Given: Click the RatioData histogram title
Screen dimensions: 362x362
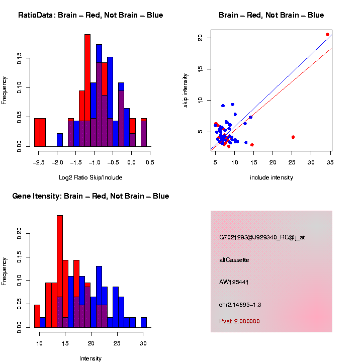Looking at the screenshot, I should (x=90, y=15).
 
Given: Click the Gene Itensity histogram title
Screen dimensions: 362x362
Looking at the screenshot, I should (x=90, y=196).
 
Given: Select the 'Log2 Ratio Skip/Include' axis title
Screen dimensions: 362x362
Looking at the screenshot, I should (x=90, y=177).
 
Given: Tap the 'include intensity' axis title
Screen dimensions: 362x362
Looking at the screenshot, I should (x=271, y=177).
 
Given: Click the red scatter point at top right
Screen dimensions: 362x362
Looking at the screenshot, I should (x=327, y=35).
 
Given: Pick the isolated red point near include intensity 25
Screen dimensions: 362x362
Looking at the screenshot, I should (x=293, y=137).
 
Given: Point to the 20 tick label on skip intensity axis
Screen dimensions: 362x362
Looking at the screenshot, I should (x=200, y=38).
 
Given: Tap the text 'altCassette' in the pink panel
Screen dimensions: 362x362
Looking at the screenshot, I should (x=234, y=260).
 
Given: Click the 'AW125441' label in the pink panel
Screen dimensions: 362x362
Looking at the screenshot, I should (x=234, y=282).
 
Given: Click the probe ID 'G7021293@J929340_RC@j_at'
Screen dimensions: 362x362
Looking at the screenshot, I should (x=261, y=237).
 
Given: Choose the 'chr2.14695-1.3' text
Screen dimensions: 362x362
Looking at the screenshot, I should (x=240, y=305).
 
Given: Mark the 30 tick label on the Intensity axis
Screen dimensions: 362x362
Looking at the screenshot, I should (x=143, y=343).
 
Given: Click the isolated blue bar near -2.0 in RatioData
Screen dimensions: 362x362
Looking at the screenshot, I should (x=60, y=140).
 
